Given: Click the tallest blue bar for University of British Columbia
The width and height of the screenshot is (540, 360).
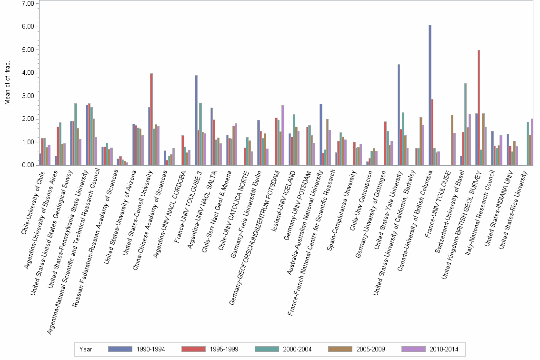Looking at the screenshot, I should coord(430,95).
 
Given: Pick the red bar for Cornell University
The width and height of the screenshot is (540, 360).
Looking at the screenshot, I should coord(151,119).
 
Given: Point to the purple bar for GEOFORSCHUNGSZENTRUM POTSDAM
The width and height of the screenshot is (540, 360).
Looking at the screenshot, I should coord(283,135).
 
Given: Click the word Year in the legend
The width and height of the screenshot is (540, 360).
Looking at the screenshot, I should coord(86,349).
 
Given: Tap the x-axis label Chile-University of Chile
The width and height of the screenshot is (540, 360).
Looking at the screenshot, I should coord(33,200).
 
